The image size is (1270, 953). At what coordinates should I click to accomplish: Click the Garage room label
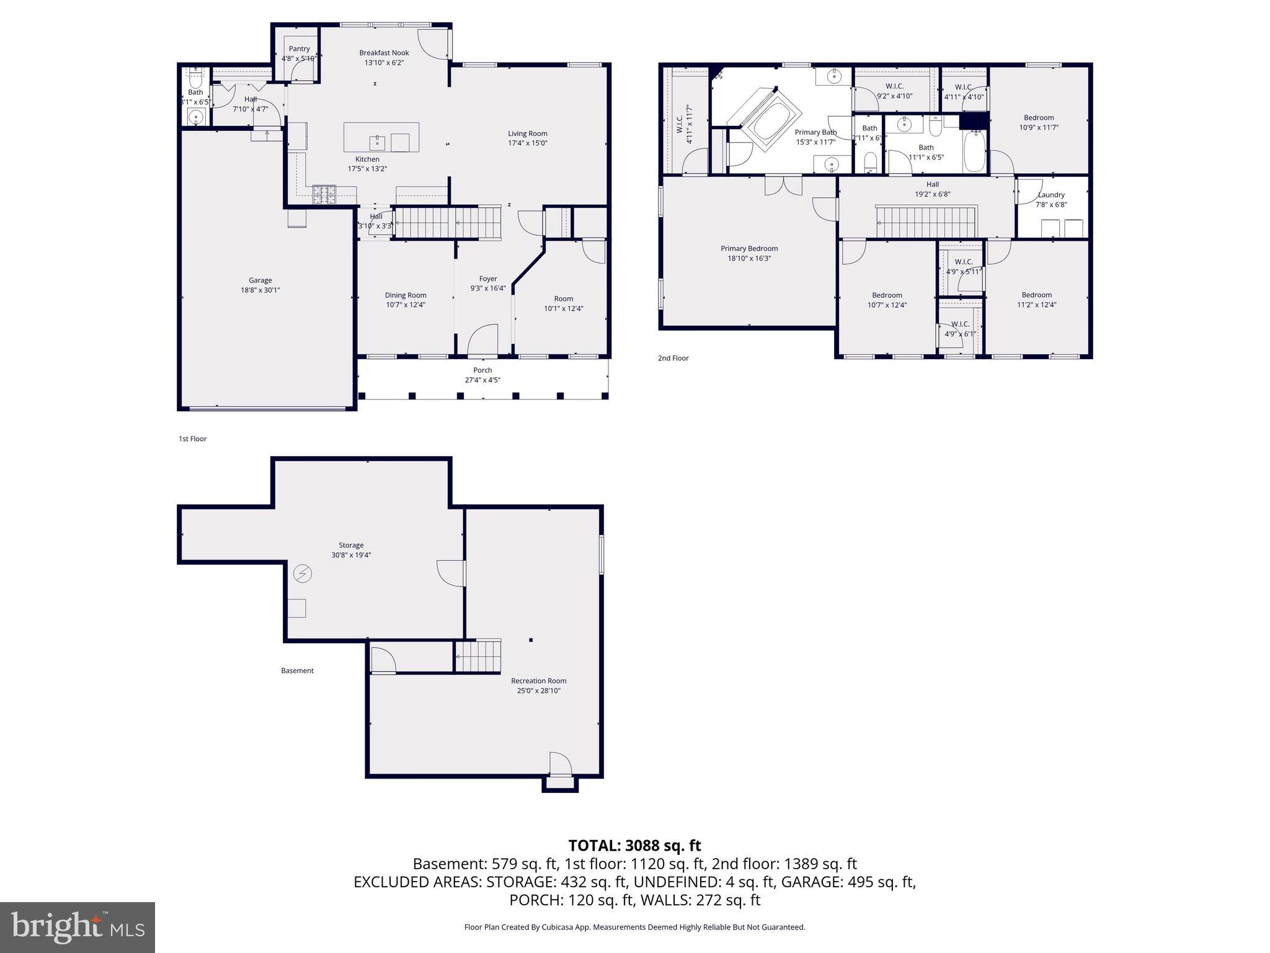(x=260, y=280)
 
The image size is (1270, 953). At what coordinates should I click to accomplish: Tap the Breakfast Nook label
(x=384, y=53)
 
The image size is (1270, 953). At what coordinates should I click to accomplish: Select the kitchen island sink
(x=377, y=142)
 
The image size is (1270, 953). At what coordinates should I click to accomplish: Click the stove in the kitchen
(x=324, y=195)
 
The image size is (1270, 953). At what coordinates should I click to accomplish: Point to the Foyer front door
(x=482, y=341)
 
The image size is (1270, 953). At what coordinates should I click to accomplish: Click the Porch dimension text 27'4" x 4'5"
(x=482, y=380)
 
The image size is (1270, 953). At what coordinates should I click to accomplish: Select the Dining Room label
(x=406, y=295)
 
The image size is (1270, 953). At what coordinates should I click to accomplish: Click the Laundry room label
(x=1051, y=195)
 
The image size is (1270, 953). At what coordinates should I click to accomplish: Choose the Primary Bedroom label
(x=749, y=249)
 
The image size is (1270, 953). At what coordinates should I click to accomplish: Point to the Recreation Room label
(x=538, y=681)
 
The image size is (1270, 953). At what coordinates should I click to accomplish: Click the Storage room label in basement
(x=351, y=545)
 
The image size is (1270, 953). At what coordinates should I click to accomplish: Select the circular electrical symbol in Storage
(x=303, y=574)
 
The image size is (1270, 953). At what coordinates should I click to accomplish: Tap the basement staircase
(x=477, y=656)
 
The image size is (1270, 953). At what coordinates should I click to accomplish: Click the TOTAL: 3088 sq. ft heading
(x=634, y=845)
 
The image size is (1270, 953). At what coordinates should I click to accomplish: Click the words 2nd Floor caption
(x=673, y=358)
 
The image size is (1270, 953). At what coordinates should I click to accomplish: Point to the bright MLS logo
(x=78, y=927)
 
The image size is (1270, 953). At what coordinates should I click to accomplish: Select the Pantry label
(x=299, y=49)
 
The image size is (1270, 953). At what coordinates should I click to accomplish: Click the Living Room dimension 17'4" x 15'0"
(x=527, y=143)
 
